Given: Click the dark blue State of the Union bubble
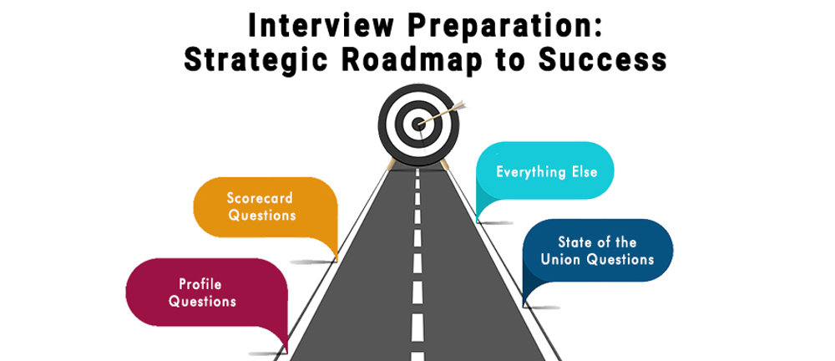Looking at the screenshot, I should click(x=596, y=251).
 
